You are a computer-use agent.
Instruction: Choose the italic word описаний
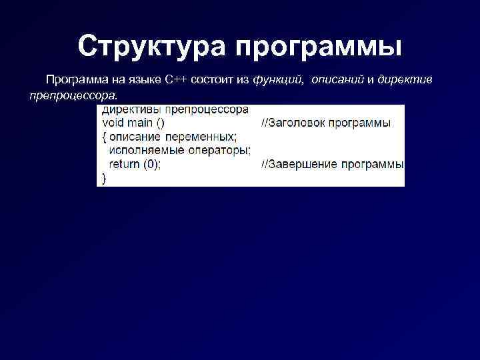337,80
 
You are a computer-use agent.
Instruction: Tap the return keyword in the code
124,164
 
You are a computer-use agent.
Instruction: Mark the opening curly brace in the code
105,137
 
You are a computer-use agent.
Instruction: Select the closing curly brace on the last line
103,178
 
